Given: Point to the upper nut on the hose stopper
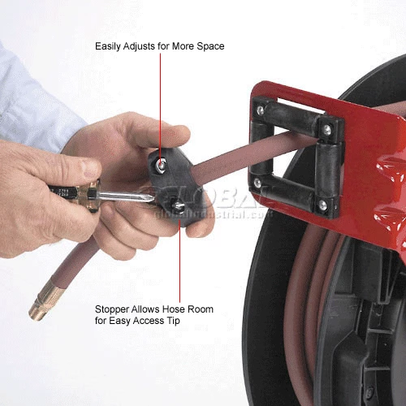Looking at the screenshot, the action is click(x=162, y=165).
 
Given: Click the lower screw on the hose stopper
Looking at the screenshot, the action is click(x=178, y=206).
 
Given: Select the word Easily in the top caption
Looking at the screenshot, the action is click(x=108, y=46).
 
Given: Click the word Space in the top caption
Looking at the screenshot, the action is click(x=210, y=46).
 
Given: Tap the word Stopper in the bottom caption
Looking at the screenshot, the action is click(x=112, y=309).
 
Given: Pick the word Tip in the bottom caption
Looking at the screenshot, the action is click(x=173, y=321).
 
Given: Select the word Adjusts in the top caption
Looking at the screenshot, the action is click(x=139, y=46).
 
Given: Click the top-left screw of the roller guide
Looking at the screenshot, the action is click(x=261, y=110).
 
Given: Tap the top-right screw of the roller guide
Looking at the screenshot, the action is click(x=327, y=128).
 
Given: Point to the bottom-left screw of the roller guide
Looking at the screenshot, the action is click(x=257, y=184).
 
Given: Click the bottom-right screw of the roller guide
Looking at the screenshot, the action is click(x=322, y=205).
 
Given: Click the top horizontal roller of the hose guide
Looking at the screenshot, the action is click(x=292, y=117).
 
